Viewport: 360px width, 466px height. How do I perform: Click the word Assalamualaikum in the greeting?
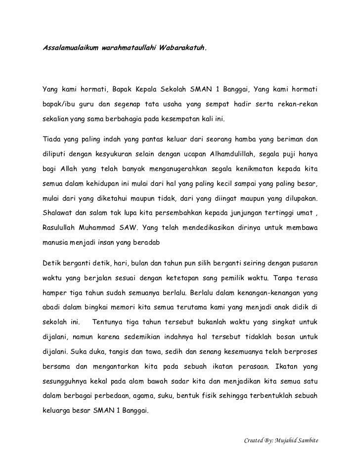(x=69, y=49)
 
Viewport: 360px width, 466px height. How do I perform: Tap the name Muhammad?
(x=103, y=229)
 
